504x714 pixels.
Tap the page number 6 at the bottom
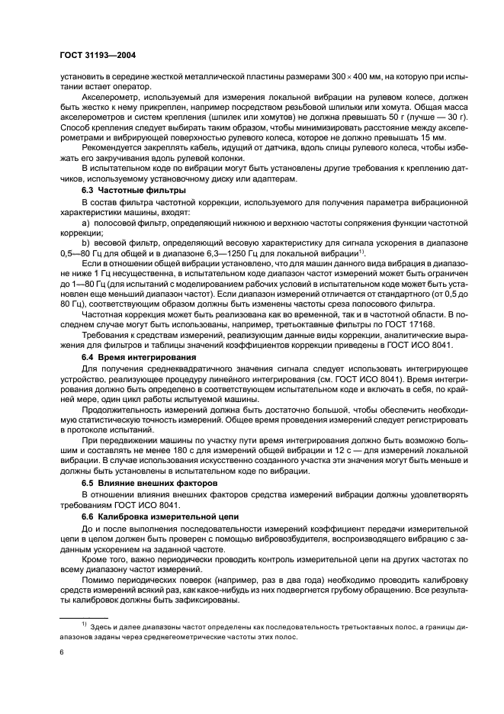tap(62, 652)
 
